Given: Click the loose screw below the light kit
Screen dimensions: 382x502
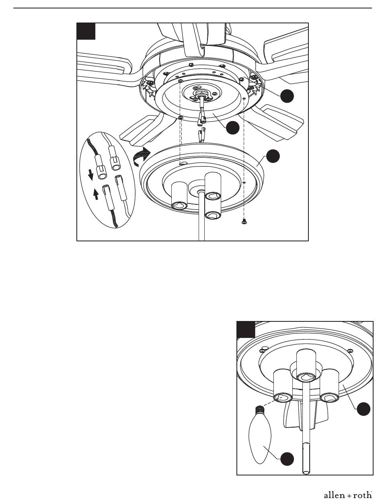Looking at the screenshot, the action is (x=244, y=222).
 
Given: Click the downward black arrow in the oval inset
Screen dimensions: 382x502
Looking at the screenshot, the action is (x=91, y=175).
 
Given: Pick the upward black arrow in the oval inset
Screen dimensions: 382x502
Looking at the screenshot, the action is (x=96, y=195).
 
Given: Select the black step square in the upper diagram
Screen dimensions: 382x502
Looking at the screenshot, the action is (x=86, y=31).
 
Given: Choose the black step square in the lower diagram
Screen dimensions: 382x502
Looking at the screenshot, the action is (x=246, y=329).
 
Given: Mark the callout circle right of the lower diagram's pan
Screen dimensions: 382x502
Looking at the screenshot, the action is (x=364, y=409).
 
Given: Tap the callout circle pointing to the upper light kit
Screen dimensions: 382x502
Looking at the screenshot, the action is (x=273, y=156).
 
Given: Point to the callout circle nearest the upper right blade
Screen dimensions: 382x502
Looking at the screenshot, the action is (x=287, y=96).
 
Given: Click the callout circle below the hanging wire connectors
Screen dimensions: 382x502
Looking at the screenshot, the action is (x=233, y=128).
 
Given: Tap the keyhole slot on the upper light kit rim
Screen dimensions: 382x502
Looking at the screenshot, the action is (x=183, y=163).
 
